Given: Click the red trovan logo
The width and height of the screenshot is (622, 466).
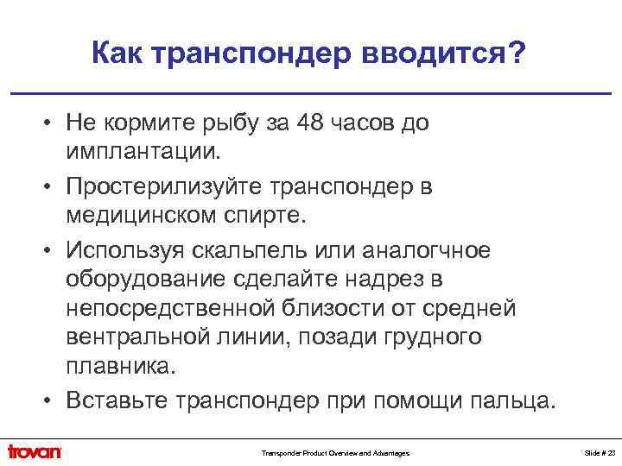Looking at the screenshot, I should (35, 451).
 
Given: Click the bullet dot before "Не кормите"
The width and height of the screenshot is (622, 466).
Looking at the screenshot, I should (52, 124).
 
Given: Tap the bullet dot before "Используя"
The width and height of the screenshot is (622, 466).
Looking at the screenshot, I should (52, 251).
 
